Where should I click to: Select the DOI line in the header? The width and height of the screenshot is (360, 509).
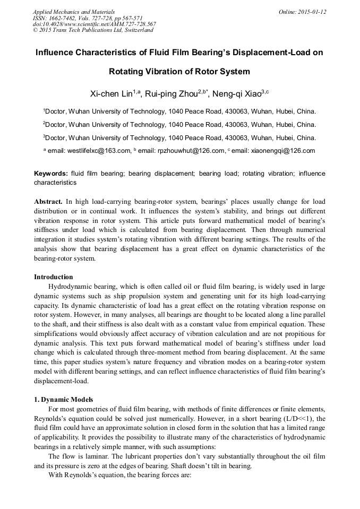[x=95, y=24]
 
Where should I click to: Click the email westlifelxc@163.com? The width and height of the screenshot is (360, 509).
[x=99, y=151]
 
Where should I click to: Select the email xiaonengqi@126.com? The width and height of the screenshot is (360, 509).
[x=282, y=151]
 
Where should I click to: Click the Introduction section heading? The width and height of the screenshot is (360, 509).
[x=54, y=277]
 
